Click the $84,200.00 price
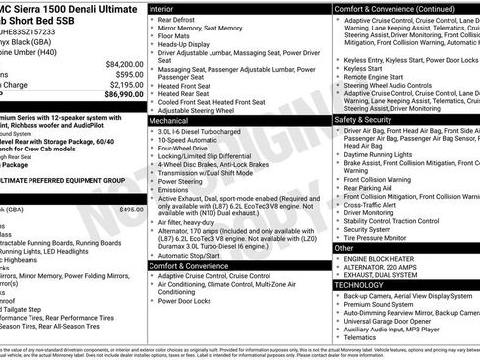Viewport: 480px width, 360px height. (x=125, y=63)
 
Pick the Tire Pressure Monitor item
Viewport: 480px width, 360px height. (x=387, y=237)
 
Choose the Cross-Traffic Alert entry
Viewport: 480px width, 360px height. (x=379, y=204)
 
